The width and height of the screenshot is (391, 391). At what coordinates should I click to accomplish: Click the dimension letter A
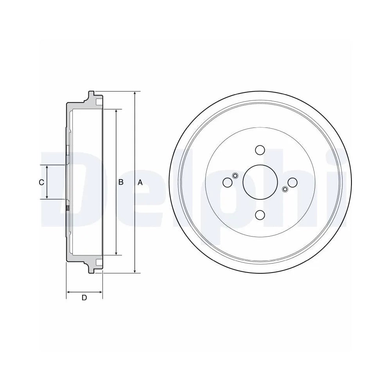pos(140,183)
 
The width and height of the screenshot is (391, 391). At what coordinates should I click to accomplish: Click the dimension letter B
pos(121,182)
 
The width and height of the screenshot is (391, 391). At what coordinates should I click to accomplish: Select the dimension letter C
pos(41,183)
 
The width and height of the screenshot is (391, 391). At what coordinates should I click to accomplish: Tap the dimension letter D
pos(84,298)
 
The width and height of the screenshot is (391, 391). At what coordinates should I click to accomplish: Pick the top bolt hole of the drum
pos(260,150)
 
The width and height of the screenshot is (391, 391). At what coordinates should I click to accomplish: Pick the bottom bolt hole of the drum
pos(260,215)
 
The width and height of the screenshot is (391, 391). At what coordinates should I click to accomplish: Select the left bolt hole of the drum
pos(228,182)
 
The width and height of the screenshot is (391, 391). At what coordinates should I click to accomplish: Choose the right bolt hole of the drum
pos(292,182)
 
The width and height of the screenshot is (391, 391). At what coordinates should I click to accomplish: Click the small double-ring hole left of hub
pos(235,176)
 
